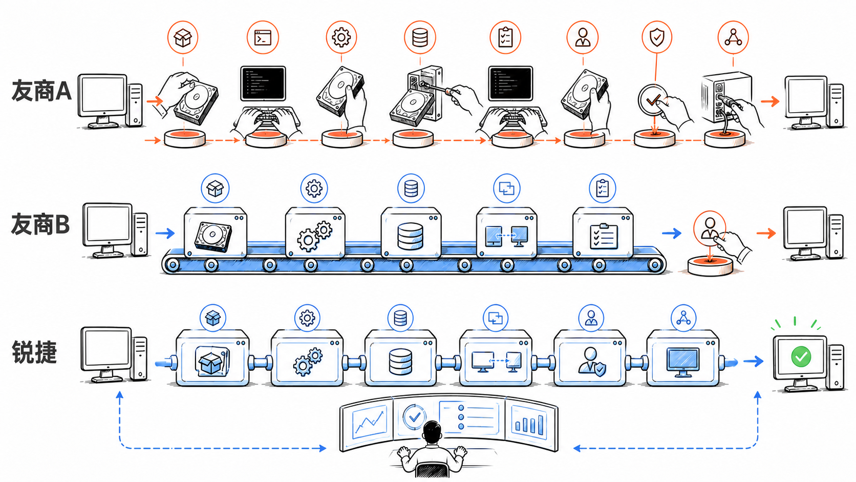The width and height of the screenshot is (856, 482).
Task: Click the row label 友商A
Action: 41,91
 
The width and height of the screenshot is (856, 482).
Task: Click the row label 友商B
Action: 40,224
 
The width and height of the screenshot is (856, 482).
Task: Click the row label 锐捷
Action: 34,352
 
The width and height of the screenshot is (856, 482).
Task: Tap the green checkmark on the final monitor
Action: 801,357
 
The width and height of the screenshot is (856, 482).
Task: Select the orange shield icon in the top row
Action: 657,37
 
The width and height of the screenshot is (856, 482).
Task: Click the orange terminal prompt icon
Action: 263,37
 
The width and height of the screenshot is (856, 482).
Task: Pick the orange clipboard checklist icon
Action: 506,37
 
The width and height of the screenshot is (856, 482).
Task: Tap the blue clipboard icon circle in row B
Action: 602,188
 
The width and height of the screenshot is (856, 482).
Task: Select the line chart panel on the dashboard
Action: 369,422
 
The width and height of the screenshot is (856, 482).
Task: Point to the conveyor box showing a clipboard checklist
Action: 603,233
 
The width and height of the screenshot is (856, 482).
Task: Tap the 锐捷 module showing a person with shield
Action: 590,358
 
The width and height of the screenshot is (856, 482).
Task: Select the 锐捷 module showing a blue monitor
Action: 683,358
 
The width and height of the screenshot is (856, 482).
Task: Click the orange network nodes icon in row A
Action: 733,37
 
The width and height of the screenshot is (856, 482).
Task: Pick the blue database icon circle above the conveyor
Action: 411,188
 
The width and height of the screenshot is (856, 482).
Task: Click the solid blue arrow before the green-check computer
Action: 753,361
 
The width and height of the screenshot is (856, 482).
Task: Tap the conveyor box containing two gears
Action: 315,233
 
